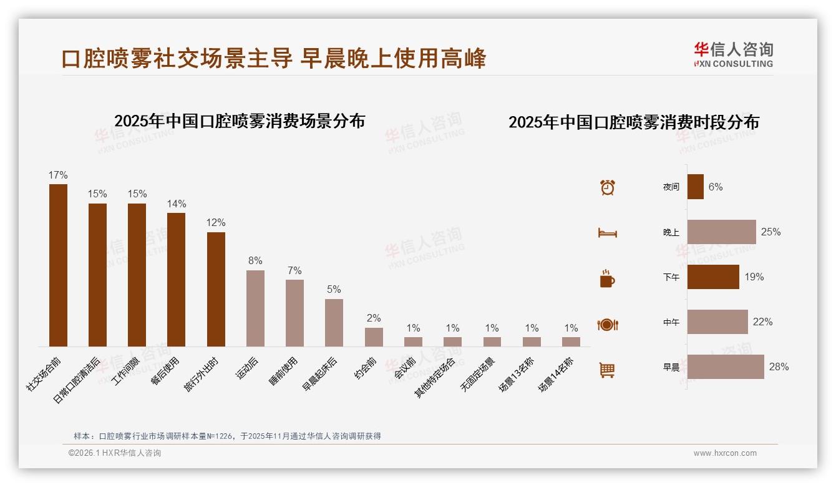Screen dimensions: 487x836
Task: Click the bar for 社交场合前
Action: [58, 265]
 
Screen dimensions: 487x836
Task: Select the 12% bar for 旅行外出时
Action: [216, 289]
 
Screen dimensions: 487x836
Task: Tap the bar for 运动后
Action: [255, 308]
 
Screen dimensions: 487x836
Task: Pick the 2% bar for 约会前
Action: [374, 337]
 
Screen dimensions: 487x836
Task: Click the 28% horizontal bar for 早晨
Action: [726, 366]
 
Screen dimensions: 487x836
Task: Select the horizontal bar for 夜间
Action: [695, 187]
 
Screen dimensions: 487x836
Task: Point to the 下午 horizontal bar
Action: [713, 277]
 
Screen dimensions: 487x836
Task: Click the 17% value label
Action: [58, 175]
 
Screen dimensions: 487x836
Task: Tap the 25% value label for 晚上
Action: [770, 232]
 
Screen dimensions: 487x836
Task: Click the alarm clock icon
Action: [607, 187]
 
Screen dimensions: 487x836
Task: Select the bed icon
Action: [607, 233]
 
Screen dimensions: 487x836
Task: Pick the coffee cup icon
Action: [607, 278]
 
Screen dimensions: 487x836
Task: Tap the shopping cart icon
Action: [607, 370]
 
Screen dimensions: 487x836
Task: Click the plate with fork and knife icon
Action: [607, 325]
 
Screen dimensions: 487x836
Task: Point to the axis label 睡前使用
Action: [285, 371]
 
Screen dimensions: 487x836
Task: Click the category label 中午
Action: [671, 322]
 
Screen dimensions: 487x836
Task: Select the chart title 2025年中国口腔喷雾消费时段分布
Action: [633, 122]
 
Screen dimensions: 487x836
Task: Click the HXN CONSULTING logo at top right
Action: [733, 55]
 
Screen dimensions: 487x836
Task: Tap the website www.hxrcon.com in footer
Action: [725, 453]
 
